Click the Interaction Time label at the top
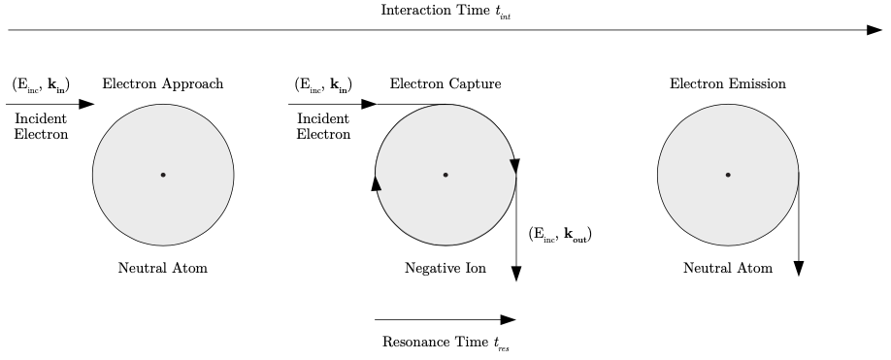445,12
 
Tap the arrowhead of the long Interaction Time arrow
874,30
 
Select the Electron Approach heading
163,84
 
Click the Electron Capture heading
445,84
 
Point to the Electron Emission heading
728,84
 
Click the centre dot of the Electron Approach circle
163,175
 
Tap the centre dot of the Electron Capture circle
445,175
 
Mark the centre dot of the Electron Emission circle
728,175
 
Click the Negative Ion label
445,268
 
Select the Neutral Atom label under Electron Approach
163,268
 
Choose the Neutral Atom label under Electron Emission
728,268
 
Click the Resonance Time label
445,343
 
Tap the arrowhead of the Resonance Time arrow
508,319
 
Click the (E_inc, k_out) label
560,235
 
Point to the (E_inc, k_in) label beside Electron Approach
41,84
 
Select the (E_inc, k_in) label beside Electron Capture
323,84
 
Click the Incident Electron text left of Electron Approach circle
41,126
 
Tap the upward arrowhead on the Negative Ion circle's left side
376,183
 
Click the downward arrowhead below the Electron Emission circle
798,268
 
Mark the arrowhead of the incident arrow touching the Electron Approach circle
87,103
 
